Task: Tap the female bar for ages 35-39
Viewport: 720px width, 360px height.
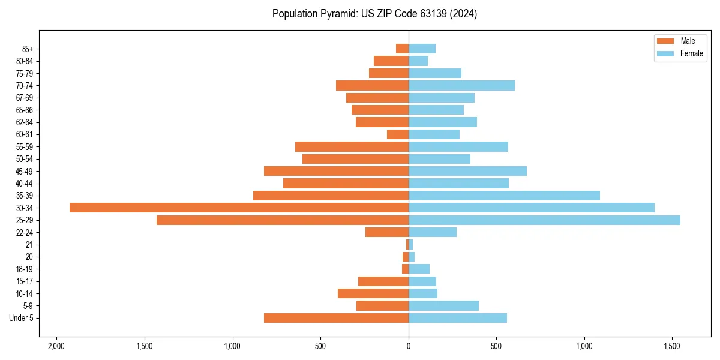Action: click(504, 196)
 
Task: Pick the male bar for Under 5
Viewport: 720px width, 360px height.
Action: click(336, 318)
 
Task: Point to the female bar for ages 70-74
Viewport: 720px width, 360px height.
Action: click(461, 85)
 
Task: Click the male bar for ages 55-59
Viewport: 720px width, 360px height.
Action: click(352, 146)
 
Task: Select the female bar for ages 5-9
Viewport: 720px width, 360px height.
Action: click(443, 306)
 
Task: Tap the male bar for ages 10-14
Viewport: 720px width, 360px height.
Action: click(373, 293)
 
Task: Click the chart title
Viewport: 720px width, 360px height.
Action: click(374, 14)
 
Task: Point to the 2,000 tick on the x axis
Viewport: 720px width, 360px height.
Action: click(56, 346)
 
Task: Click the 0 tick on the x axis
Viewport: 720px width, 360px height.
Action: click(409, 346)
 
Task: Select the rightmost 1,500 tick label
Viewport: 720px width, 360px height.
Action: click(672, 346)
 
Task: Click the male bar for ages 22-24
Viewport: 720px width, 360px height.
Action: click(387, 232)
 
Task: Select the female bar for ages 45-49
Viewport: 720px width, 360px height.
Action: click(467, 171)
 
